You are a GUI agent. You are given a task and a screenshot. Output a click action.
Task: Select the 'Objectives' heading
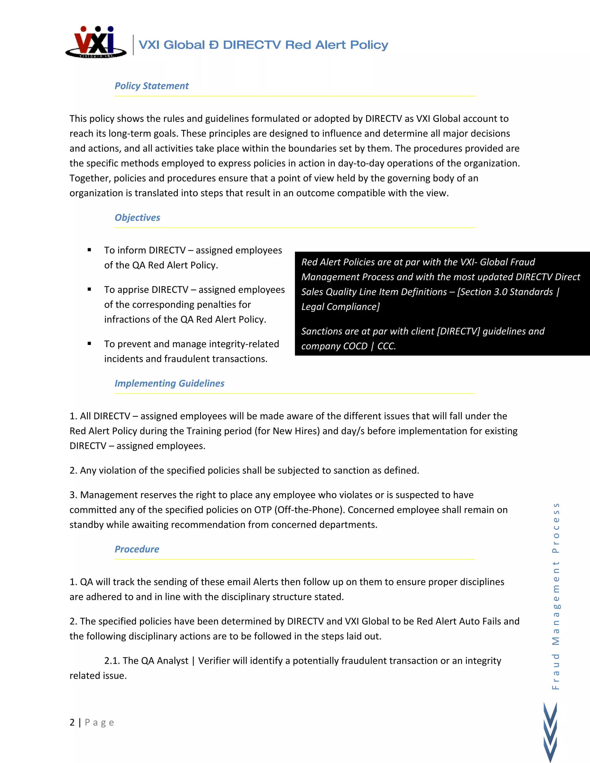coord(137,218)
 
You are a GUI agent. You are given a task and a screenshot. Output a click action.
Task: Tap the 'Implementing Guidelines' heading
coord(169,384)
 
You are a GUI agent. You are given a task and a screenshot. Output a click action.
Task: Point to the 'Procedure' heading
coord(137,549)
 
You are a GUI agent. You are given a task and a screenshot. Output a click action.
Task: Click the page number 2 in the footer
coord(72,722)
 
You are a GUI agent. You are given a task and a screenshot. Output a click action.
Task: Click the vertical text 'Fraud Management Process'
coord(555,596)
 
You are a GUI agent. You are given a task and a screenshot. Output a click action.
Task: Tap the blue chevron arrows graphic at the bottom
coord(550,732)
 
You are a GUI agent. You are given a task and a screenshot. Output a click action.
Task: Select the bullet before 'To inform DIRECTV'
coord(90,250)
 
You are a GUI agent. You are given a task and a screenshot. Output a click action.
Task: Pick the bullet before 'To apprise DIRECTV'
coord(90,290)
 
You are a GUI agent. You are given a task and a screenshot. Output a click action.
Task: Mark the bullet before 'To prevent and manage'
coord(90,344)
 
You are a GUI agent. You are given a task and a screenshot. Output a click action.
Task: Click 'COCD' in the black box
coord(355,346)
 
